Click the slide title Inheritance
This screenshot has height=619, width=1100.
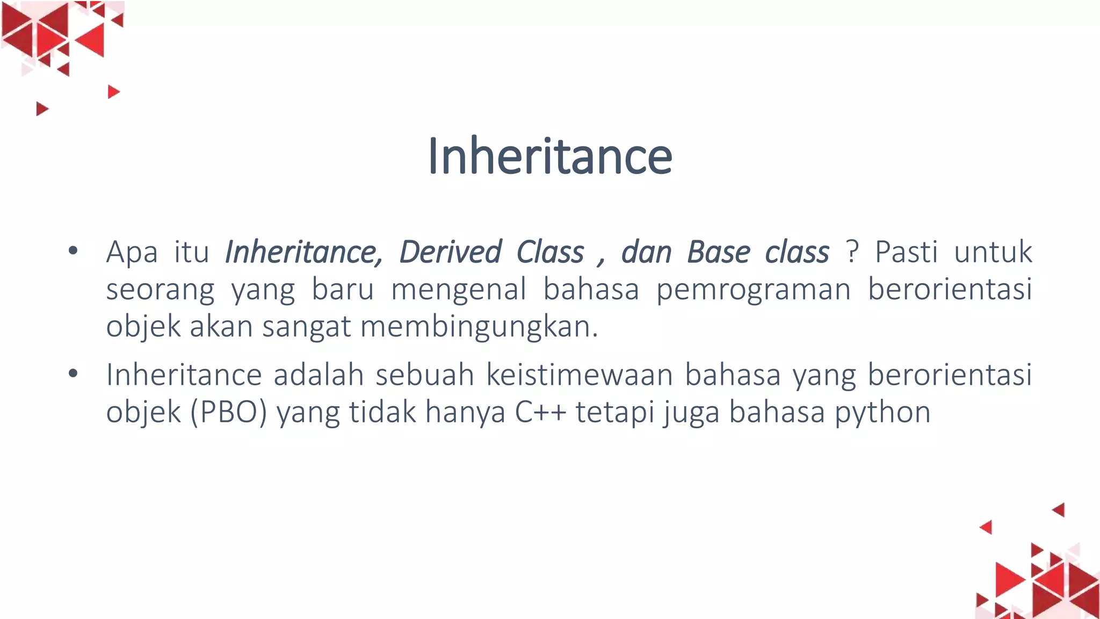(549, 156)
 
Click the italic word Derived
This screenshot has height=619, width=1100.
(450, 251)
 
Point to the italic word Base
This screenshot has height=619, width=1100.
(718, 251)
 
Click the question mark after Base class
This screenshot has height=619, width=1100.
(851, 251)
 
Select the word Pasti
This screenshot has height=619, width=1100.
(906, 251)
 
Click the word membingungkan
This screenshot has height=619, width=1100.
(479, 327)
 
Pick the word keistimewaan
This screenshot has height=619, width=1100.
(580, 375)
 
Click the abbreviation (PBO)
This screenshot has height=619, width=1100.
(229, 413)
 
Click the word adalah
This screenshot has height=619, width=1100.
(319, 375)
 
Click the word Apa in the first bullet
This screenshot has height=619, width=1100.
(132, 253)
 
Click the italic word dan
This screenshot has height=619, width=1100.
(646, 251)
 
